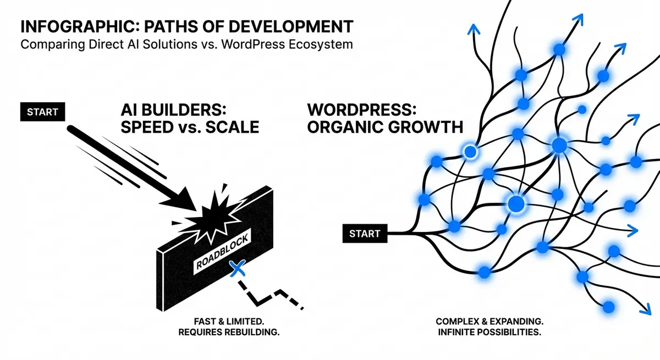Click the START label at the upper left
pos(43,112)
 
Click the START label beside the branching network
pos(365,233)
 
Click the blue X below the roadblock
pos(237,269)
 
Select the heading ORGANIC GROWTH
pos(386,127)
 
